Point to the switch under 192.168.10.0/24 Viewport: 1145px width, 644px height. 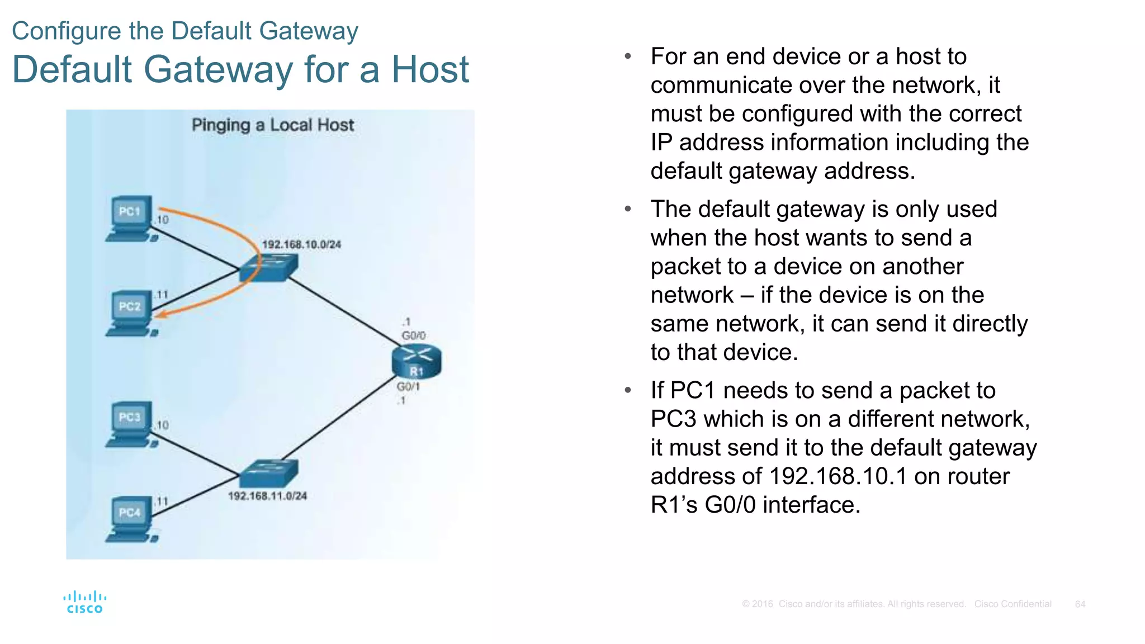click(268, 268)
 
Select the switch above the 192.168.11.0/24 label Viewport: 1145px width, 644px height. click(268, 473)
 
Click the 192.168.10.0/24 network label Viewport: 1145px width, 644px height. click(301, 244)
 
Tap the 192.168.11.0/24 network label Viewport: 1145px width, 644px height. click(267, 496)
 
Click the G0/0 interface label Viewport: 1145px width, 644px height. click(414, 335)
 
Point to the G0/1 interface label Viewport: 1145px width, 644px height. click(408, 386)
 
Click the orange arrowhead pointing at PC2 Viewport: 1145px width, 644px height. click(160, 315)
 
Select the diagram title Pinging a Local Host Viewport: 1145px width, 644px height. click(273, 125)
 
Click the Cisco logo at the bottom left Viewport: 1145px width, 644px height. click(85, 603)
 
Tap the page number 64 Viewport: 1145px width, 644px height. click(1080, 604)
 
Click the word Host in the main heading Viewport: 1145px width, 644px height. click(430, 70)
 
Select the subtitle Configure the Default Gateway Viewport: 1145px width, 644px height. click(185, 31)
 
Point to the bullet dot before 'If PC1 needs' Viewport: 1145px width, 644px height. click(628, 390)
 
